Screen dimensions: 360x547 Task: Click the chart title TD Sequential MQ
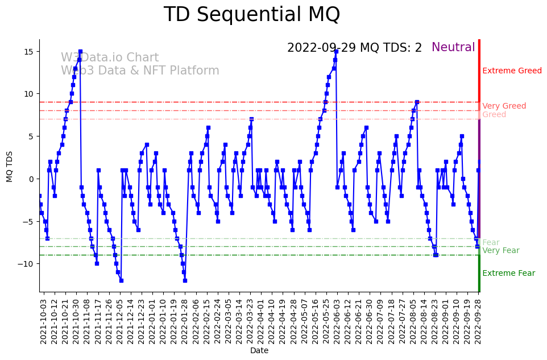(251, 15)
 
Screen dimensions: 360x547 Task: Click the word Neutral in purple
(453, 48)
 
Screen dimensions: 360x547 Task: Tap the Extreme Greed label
(512, 71)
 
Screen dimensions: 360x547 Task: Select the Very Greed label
(504, 106)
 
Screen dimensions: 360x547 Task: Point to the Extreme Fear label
(508, 274)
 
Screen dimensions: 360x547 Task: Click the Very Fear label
(500, 251)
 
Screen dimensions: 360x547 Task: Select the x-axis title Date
(259, 351)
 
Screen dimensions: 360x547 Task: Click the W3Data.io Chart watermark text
(110, 58)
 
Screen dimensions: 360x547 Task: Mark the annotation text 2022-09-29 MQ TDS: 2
(354, 48)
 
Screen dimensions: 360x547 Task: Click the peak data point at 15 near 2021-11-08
(80, 52)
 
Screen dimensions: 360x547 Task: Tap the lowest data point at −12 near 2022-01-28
(185, 280)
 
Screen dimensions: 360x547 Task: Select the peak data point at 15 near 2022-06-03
(336, 52)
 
